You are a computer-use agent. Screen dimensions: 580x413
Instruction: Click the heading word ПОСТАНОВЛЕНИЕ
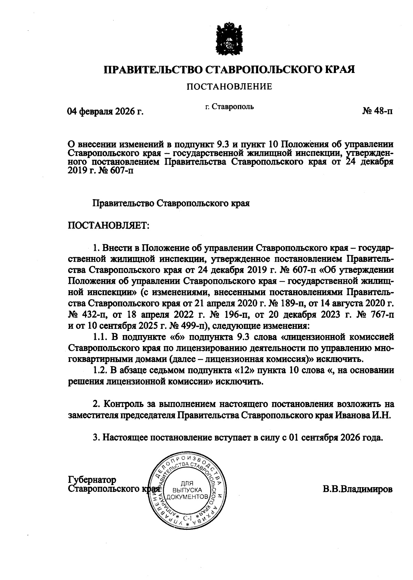click(229, 87)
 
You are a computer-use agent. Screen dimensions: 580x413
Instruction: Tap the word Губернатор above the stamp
click(93, 480)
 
